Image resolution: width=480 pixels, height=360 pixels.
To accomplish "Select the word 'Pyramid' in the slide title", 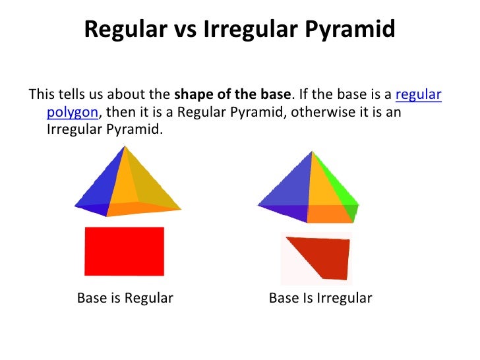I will tap(357, 30).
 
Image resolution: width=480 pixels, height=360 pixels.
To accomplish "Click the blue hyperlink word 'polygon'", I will tap(72, 111).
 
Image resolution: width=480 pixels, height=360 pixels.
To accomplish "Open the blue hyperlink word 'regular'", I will tap(418, 94).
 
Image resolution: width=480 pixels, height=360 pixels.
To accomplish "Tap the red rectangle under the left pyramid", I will tap(124, 251).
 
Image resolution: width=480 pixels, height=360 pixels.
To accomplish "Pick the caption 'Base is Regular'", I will tap(125, 298).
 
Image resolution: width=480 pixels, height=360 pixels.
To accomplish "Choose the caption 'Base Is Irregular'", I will tap(320, 298).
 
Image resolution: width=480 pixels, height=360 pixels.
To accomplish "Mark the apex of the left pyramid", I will tap(123, 147).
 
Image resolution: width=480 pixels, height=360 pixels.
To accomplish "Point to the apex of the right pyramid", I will tap(311, 152).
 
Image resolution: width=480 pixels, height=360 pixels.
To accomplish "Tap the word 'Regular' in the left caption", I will tap(149, 298).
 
